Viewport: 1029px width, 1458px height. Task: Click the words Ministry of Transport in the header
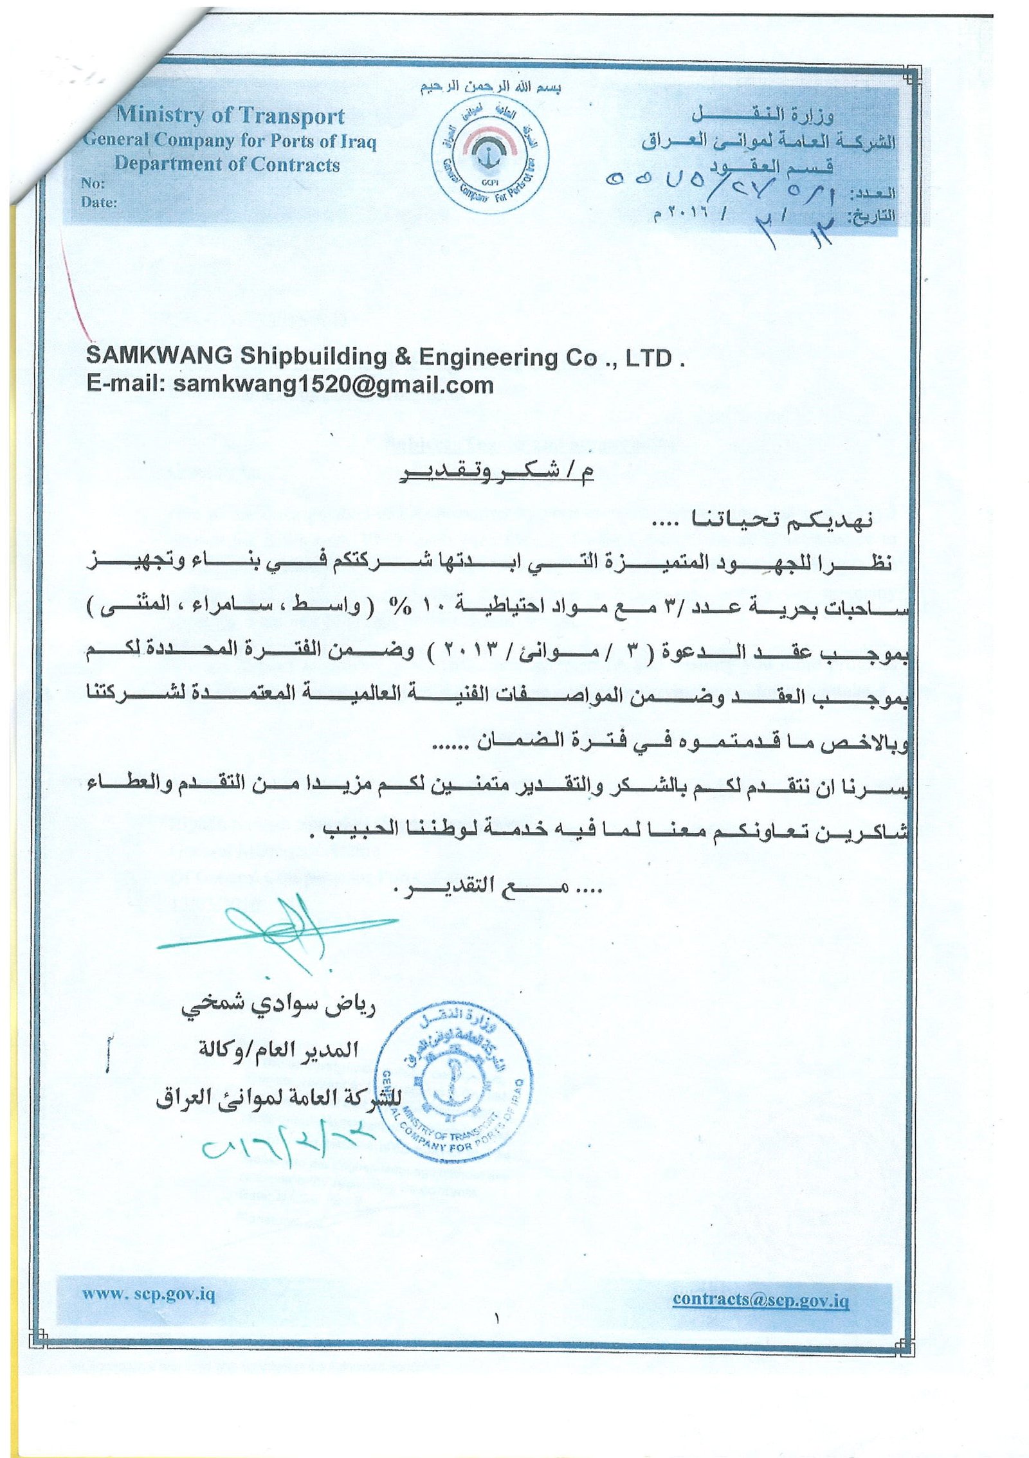(230, 116)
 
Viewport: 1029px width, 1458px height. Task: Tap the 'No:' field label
(92, 183)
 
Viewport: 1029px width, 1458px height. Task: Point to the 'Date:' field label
(98, 203)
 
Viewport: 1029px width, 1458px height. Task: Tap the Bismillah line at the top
(491, 88)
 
